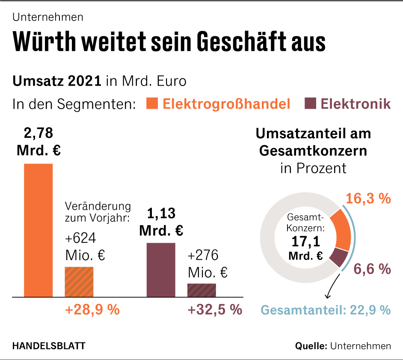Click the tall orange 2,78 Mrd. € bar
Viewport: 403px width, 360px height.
pos(38,230)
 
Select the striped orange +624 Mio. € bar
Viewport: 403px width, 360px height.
pos(79,282)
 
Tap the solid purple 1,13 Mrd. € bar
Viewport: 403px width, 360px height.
pos(161,270)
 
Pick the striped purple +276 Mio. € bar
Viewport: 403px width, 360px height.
pos(201,290)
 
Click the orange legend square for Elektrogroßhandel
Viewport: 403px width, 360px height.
pos(152,104)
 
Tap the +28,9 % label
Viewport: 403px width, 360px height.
pos(92,309)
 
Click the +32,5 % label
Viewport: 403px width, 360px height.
pos(215,309)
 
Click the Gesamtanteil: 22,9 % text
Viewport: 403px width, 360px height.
pos(326,309)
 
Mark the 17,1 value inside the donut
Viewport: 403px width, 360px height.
pos(305,242)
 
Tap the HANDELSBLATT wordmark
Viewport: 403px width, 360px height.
pos(48,346)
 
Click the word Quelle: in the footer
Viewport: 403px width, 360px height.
pos(311,346)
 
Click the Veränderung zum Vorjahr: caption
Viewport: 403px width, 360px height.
pos(98,211)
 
